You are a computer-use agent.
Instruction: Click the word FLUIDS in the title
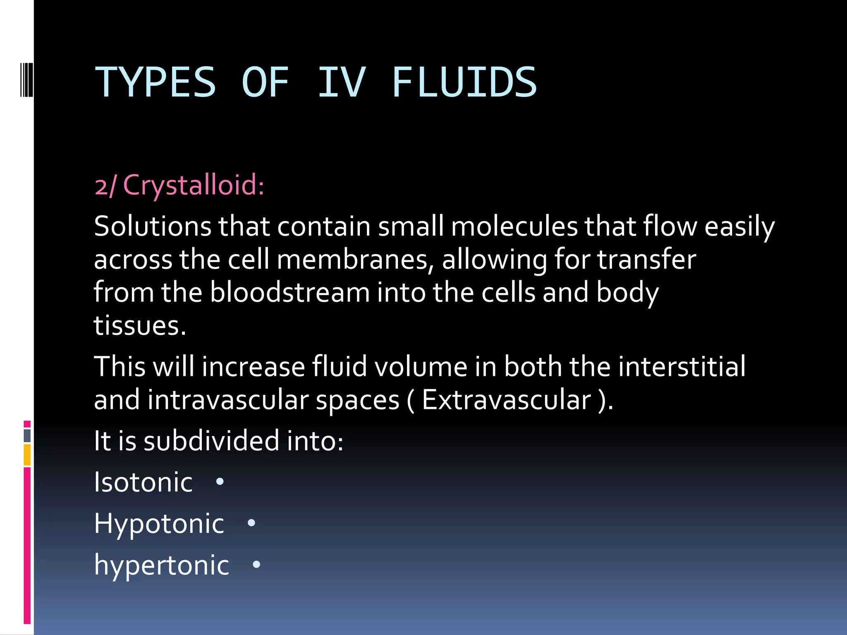pos(464,83)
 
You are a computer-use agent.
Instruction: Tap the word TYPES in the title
pos(156,83)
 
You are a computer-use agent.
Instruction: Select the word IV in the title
pos(342,83)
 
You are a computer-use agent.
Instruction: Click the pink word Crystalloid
pos(194,185)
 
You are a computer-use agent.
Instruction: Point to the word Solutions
pos(153,227)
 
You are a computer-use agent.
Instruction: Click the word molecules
pos(514,227)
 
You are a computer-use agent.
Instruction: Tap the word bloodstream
pos(290,292)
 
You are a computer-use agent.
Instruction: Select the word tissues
pos(140,325)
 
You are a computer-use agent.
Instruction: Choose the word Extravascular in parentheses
pos(507,400)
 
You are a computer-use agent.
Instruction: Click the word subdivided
pos(211,441)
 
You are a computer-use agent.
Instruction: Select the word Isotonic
pos(143,482)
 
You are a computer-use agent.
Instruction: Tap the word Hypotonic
pos(159,524)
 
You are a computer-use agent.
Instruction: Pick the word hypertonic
pos(161,565)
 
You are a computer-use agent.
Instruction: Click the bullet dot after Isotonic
pos(220,482)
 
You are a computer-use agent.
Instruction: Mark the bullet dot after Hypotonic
pos(251,523)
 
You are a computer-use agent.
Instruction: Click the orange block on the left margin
pos(27,455)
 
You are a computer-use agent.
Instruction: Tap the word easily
pos(739,227)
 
